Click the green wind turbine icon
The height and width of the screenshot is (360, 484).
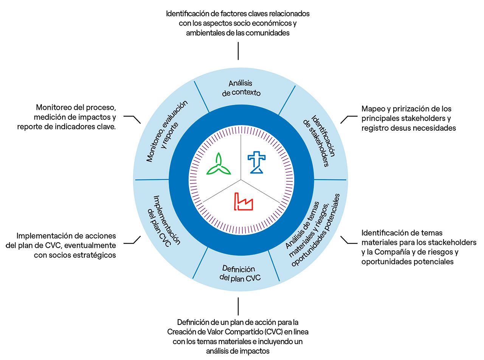click(x=219, y=165)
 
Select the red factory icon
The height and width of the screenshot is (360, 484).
click(x=243, y=202)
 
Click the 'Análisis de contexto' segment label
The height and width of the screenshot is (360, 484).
click(x=241, y=88)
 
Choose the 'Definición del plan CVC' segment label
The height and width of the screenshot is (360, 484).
click(x=240, y=274)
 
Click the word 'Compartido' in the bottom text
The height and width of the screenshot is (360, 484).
click(x=243, y=332)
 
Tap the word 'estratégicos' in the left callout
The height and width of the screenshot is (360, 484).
click(x=95, y=255)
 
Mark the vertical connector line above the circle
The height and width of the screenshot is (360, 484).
click(x=238, y=51)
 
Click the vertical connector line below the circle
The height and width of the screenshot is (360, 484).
click(x=238, y=306)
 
